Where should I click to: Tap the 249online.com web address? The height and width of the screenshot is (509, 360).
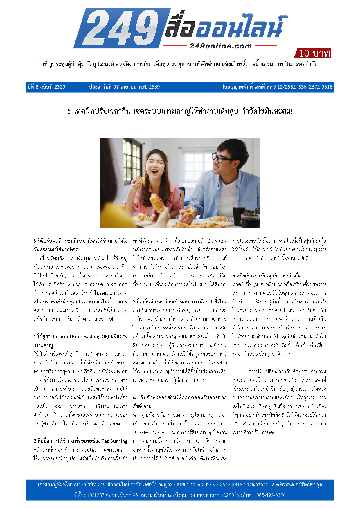click(x=220, y=46)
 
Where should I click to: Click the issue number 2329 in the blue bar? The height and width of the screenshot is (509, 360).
click(x=60, y=87)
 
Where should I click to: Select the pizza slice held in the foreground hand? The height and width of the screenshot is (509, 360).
click(x=157, y=202)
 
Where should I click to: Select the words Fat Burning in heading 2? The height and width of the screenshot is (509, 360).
click(x=114, y=441)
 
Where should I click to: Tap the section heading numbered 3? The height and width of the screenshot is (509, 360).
click(x=180, y=302)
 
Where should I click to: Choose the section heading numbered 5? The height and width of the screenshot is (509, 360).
click(x=267, y=275)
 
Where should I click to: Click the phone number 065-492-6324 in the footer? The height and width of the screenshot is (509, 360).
click(x=271, y=495)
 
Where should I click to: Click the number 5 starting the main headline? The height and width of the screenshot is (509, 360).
click(x=69, y=111)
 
